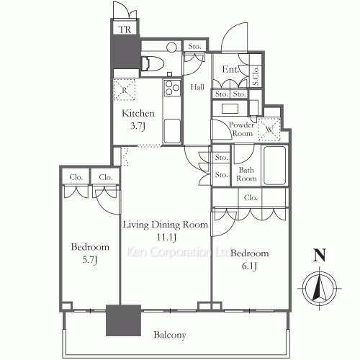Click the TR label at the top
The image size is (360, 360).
[x=125, y=30]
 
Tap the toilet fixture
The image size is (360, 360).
[x=153, y=64]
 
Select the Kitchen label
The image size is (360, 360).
[x=138, y=113]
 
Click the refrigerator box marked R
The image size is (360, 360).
[x=124, y=89]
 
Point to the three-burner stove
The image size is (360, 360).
[x=172, y=88]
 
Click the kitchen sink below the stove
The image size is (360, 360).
[x=172, y=131]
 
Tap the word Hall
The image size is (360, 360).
[x=197, y=87]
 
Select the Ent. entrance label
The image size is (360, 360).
[x=230, y=69]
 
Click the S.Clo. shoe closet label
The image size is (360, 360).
[x=256, y=76]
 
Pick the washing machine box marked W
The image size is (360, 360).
[x=269, y=130]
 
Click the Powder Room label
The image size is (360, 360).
[x=242, y=129]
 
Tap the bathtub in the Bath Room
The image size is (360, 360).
[x=275, y=165]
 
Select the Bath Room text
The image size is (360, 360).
[x=246, y=174]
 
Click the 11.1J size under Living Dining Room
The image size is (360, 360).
[x=166, y=238]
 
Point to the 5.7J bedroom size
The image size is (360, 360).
[x=90, y=260]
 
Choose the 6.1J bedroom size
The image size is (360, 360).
[x=249, y=266]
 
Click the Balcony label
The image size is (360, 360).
[x=170, y=335]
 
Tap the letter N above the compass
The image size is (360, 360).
[x=320, y=255]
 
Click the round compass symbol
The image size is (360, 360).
[x=320, y=288]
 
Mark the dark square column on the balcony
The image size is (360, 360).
[x=123, y=320]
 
